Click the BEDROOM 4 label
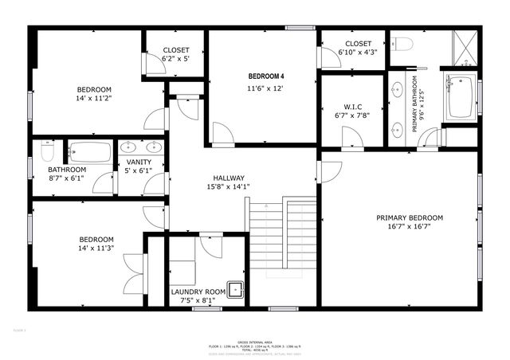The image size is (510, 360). pyautogui.click(x=262, y=76)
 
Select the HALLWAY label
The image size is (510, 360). pyautogui.click(x=228, y=178)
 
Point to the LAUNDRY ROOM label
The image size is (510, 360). pyautogui.click(x=198, y=292)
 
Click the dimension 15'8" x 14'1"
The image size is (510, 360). pyautogui.click(x=228, y=187)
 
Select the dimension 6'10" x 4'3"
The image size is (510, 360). pyautogui.click(x=358, y=53)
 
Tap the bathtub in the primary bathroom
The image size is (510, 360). pyautogui.click(x=460, y=97)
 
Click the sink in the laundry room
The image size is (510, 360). pyautogui.click(x=235, y=288)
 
